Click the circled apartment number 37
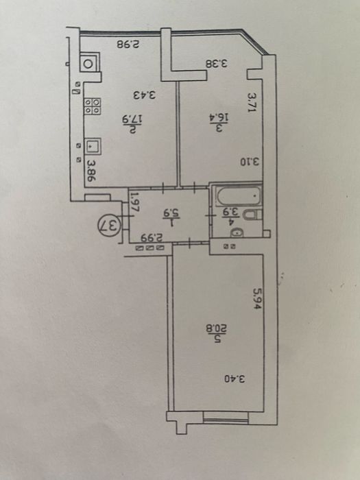tap(110, 226)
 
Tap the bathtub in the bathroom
tap(238, 195)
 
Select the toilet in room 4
tap(252, 215)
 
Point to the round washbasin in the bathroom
tap(237, 232)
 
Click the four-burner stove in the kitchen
tap(92, 106)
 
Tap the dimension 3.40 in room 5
tap(235, 379)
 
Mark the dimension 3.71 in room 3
tap(251, 103)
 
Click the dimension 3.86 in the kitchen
tap(91, 171)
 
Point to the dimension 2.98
tap(128, 44)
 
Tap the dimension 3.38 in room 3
tap(217, 64)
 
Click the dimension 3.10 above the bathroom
tap(249, 161)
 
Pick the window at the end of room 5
tap(226, 418)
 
